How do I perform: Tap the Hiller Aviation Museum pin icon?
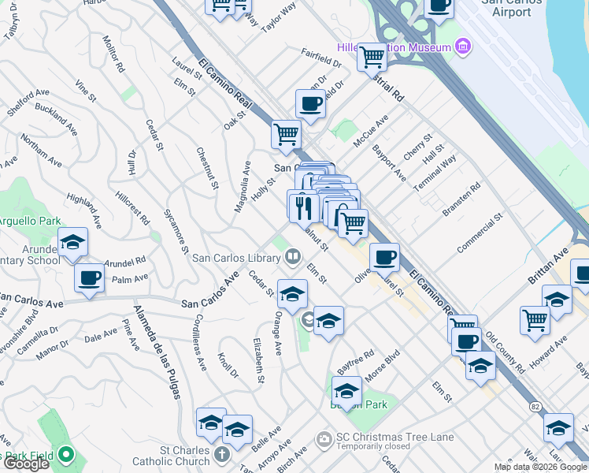click(x=462, y=47)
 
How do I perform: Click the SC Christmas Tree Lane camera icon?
click(x=324, y=438)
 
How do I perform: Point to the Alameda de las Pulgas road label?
click(x=157, y=350)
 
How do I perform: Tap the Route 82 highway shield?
click(x=536, y=405)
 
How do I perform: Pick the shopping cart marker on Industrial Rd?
click(x=371, y=56)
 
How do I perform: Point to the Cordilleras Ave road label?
click(x=200, y=343)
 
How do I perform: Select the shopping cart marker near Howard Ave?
click(x=535, y=320)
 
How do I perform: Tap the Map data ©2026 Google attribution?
click(x=540, y=467)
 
